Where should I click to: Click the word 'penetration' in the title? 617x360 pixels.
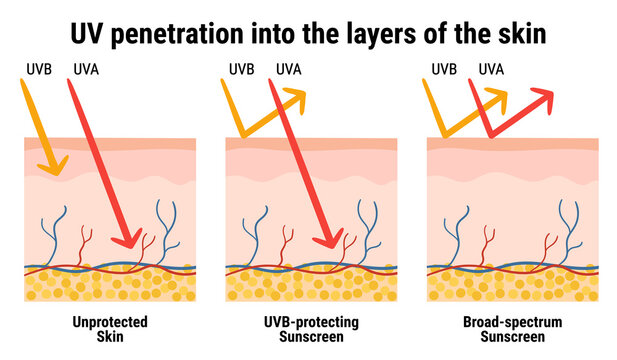click(x=164, y=34)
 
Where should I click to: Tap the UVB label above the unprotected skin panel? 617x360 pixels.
click(x=40, y=70)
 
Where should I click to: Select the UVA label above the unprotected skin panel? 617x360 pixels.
click(x=87, y=70)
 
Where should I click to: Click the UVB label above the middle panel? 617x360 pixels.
click(x=242, y=70)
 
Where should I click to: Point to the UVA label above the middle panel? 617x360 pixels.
click(x=289, y=70)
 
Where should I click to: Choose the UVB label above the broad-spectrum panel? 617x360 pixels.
click(x=444, y=70)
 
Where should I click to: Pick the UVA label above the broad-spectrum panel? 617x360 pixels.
click(x=491, y=70)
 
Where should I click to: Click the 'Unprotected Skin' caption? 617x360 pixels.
click(x=110, y=329)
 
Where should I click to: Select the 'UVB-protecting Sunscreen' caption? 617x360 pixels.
click(x=312, y=329)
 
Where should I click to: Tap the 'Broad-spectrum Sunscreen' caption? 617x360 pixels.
click(x=513, y=329)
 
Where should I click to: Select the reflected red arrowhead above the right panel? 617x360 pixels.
click(x=542, y=98)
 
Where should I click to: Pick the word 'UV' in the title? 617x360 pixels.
click(x=84, y=34)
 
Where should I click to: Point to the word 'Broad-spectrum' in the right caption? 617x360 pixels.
click(x=513, y=322)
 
